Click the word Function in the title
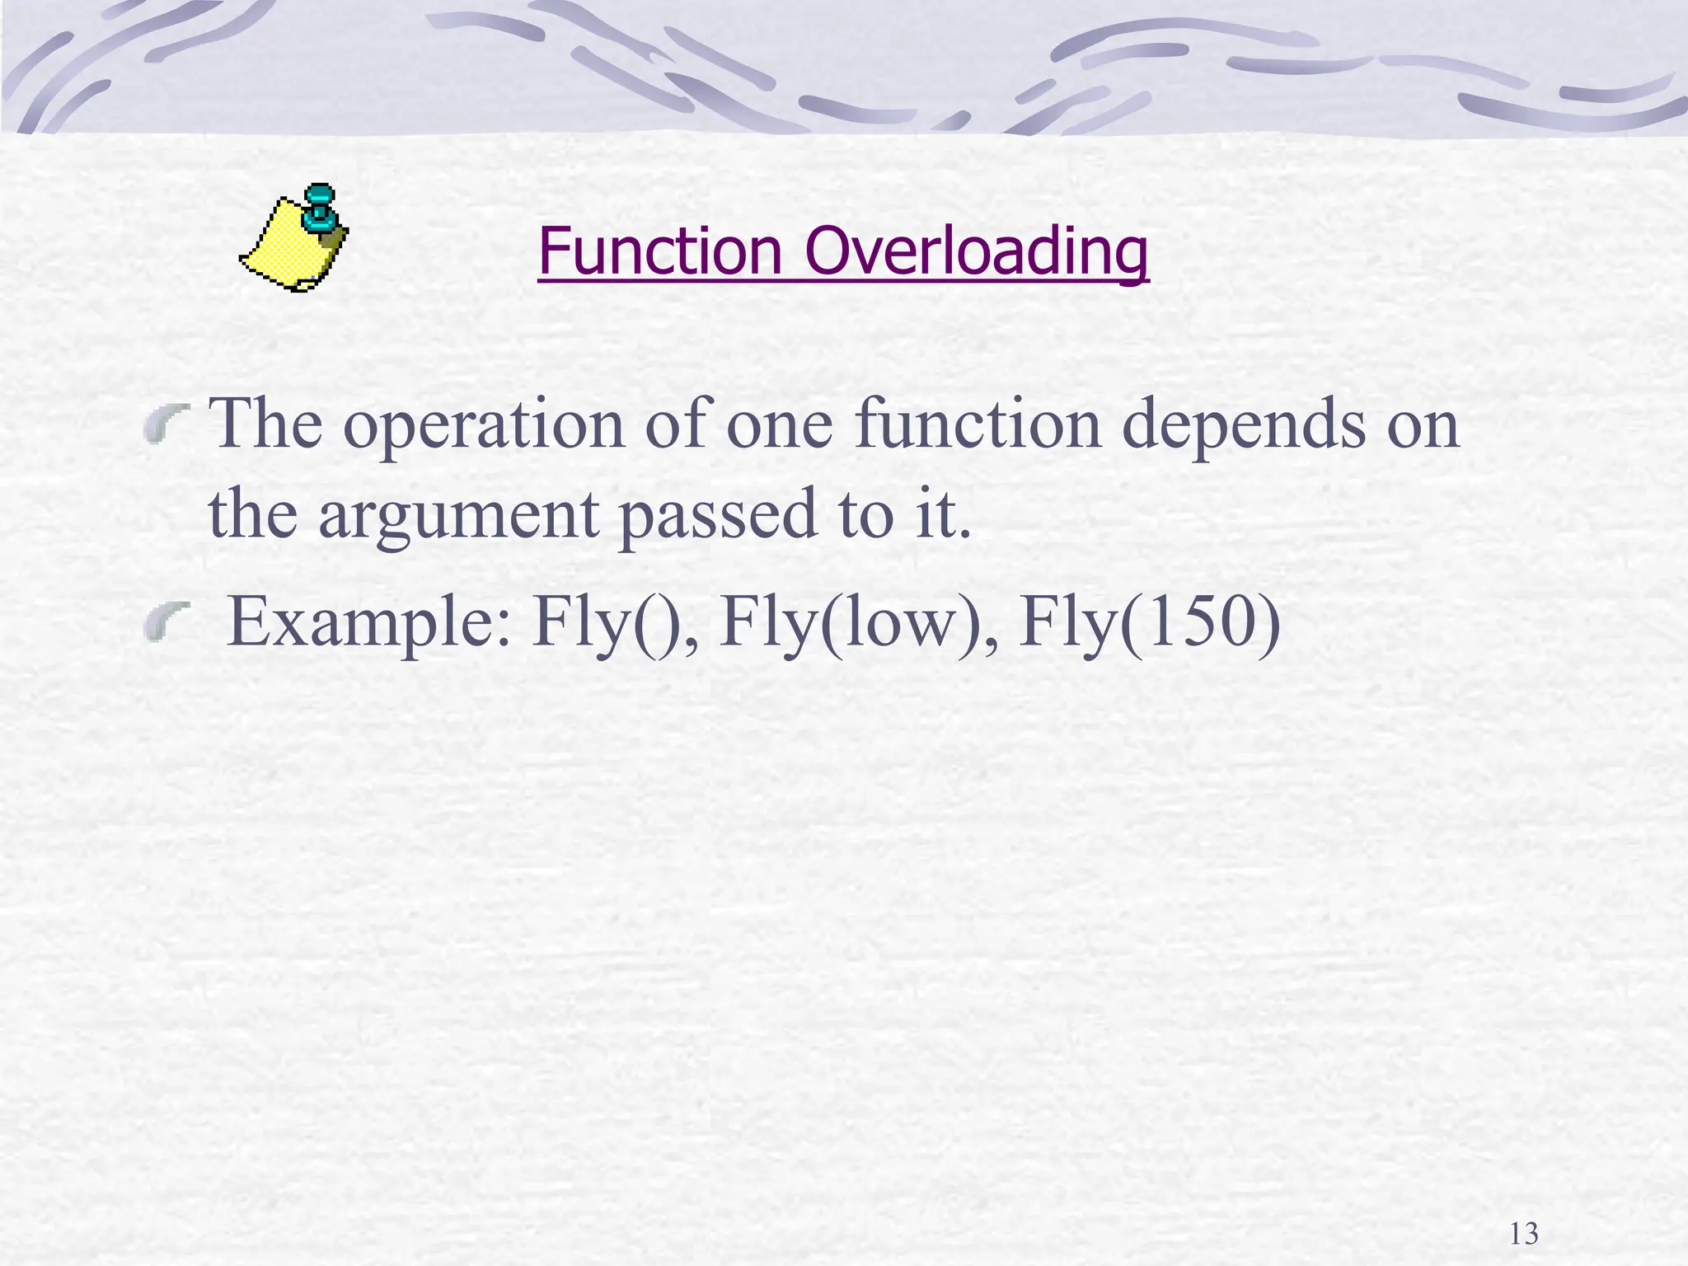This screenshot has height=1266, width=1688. click(x=659, y=251)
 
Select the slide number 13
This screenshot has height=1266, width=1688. click(x=1524, y=1234)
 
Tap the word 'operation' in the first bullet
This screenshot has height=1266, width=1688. click(x=484, y=426)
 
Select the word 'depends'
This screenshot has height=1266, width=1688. click(x=1244, y=426)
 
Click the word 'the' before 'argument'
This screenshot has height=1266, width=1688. click(x=252, y=515)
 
